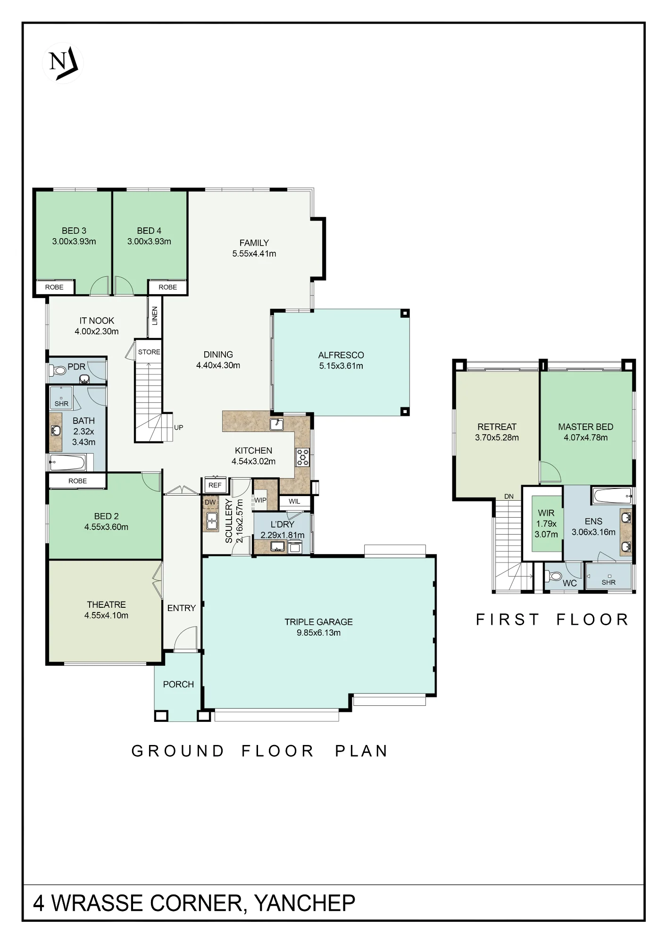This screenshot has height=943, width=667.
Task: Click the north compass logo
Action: [63, 63]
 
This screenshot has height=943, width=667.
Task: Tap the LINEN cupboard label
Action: [155, 316]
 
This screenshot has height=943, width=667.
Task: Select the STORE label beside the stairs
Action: [149, 352]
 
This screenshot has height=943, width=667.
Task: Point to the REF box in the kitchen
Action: [215, 485]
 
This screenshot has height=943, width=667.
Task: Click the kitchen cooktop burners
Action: [302, 457]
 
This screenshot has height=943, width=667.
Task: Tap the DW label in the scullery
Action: [210, 502]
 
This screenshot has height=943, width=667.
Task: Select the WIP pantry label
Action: [260, 500]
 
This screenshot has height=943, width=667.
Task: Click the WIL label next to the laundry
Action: [294, 501]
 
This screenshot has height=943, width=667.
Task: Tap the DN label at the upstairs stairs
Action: [509, 496]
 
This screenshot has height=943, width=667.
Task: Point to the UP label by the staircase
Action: [178, 428]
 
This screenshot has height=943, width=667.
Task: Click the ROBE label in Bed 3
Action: [54, 287]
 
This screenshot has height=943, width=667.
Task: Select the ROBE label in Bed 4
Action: [167, 287]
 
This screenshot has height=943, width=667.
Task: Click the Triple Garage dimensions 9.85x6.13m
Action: [318, 633]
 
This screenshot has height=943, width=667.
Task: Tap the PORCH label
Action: [178, 684]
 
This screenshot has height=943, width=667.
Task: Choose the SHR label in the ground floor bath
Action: [61, 404]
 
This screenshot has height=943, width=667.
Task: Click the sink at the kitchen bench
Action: [277, 424]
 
